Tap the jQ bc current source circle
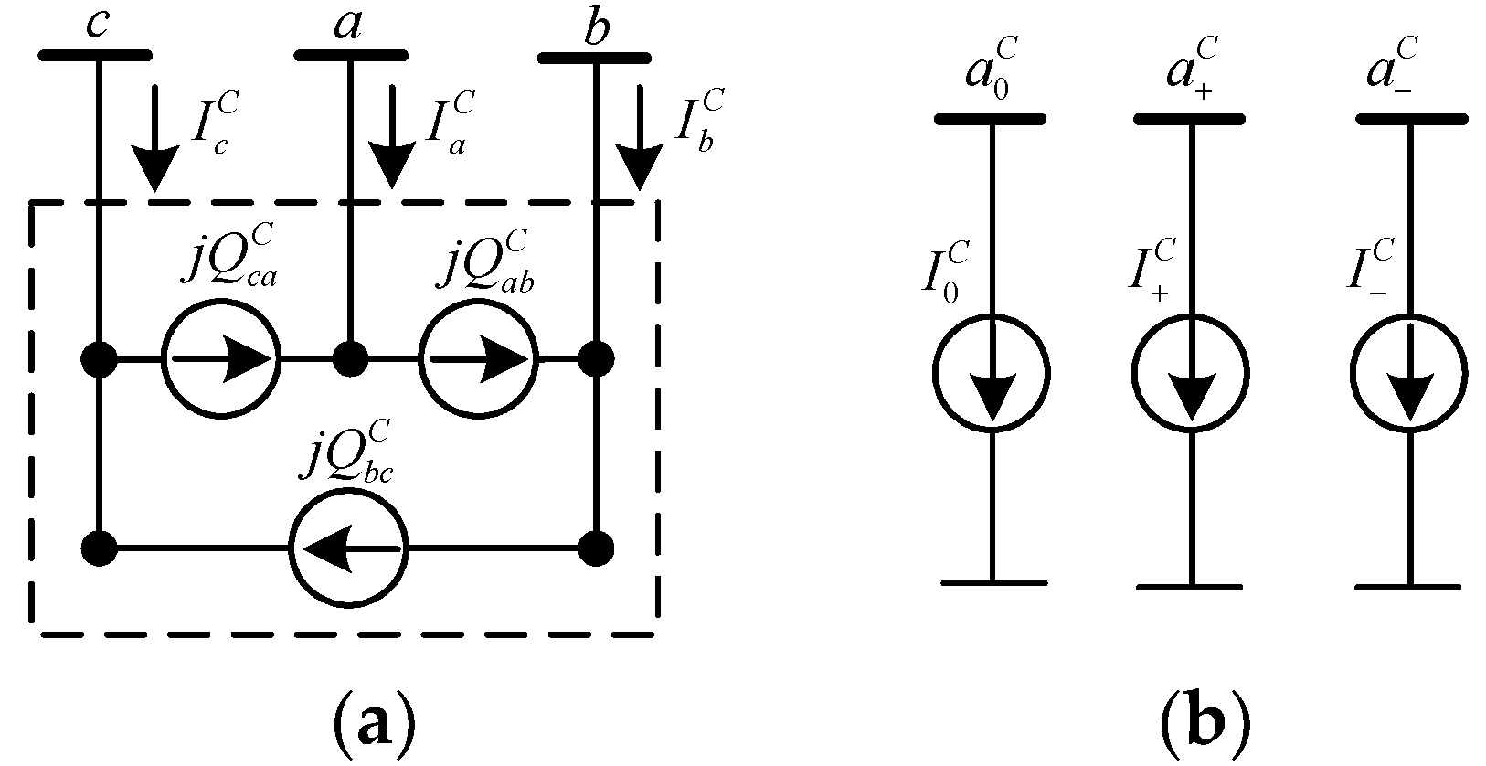[348, 549]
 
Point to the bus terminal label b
[595, 31]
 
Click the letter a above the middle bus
[348, 26]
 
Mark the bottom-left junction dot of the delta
[98, 549]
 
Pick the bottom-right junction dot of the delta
[596, 549]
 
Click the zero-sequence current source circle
[992, 373]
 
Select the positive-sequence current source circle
[1190, 373]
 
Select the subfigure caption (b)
[1205, 727]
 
